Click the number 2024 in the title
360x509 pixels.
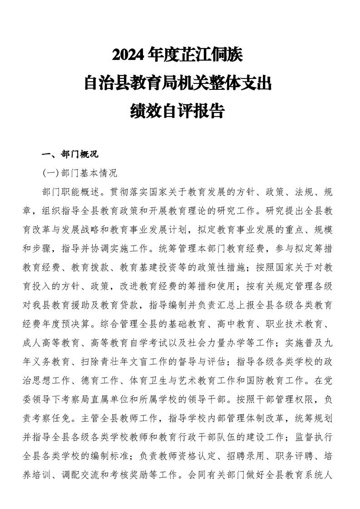[x=129, y=56]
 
